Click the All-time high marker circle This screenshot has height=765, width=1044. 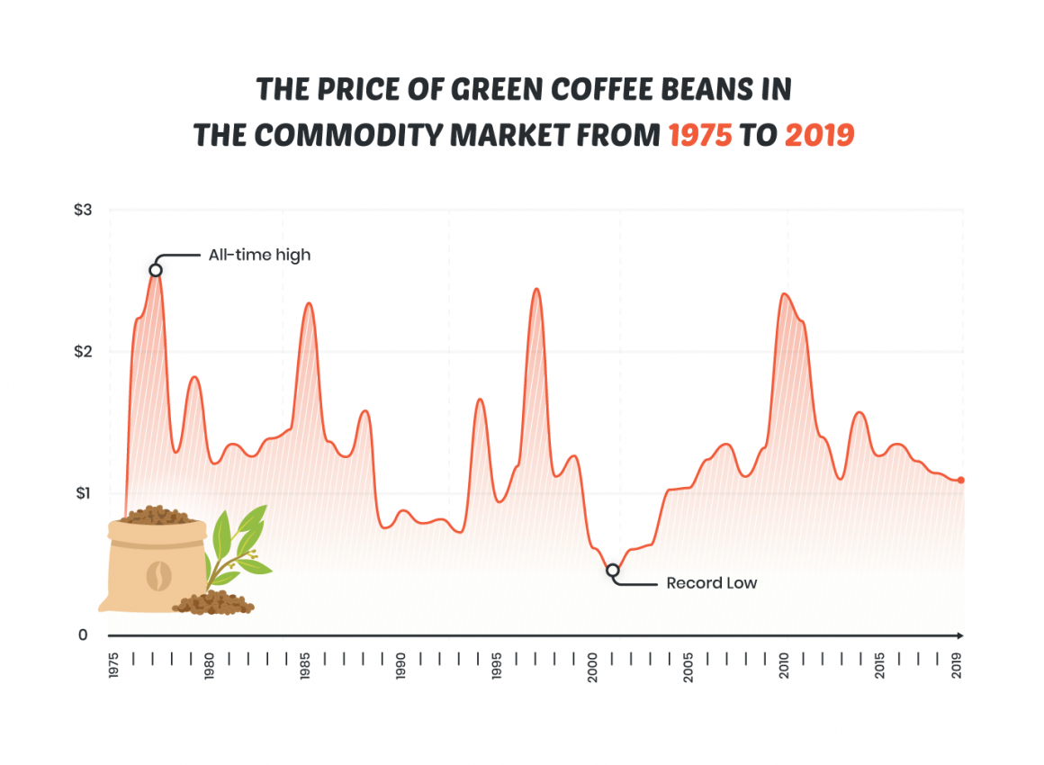[x=156, y=270]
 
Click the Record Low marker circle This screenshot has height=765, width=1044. [x=613, y=570]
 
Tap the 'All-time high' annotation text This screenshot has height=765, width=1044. [x=259, y=255]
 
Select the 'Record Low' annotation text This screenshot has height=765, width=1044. [x=711, y=583]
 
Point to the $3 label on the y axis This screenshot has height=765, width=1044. [x=83, y=210]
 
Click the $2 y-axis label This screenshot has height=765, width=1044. [x=83, y=351]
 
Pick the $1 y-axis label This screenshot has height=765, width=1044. [x=83, y=493]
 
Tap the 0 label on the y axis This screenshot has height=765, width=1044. [x=83, y=634]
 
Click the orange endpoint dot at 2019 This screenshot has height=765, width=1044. [x=961, y=480]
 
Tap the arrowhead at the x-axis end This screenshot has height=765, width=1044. [x=962, y=634]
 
